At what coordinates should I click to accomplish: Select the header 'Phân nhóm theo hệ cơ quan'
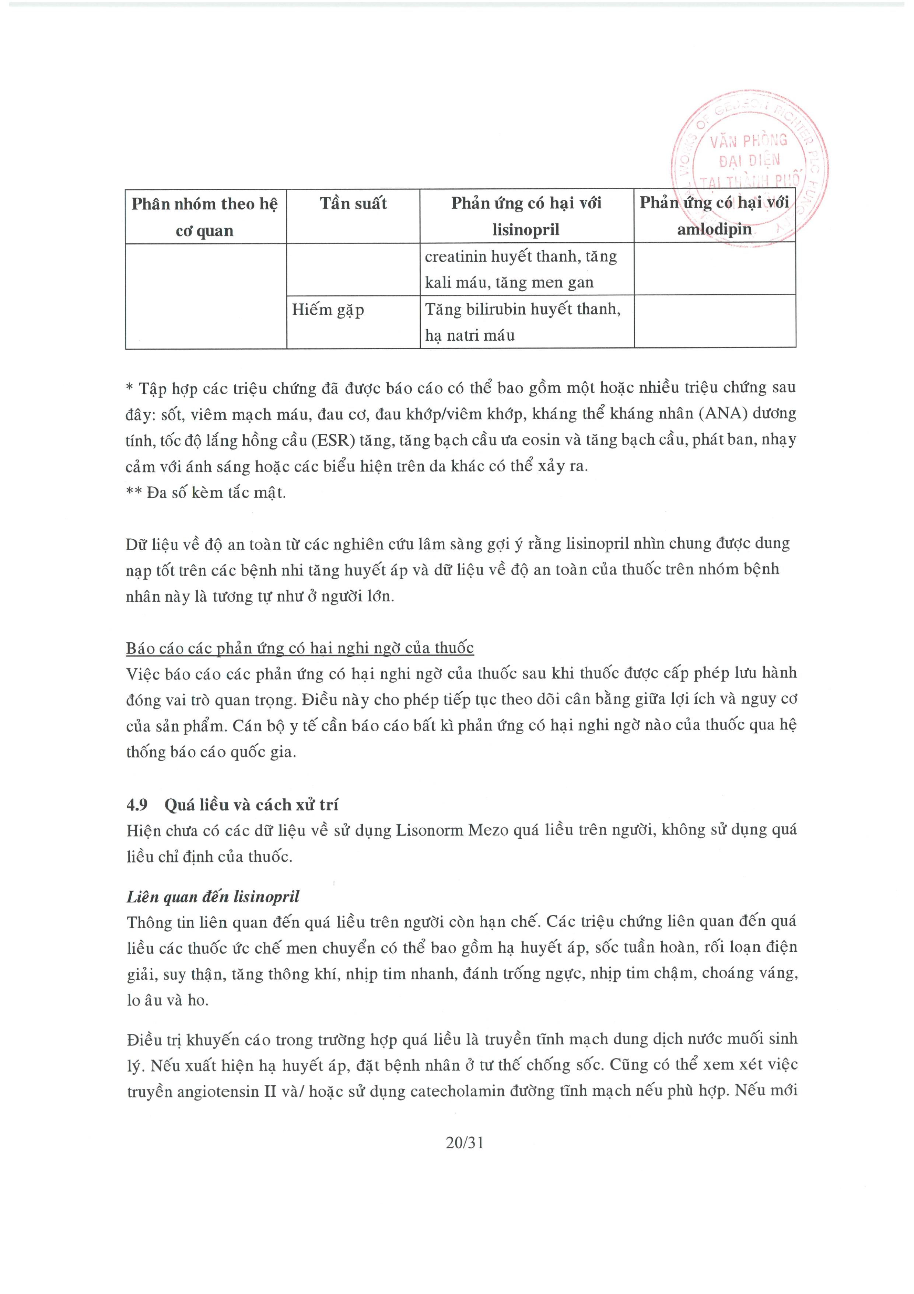204,216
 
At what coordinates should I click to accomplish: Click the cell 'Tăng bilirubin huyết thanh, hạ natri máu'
523,322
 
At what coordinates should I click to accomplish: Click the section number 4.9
137,805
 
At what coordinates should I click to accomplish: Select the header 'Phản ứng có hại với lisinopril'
526,216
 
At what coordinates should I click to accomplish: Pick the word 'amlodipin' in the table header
714,229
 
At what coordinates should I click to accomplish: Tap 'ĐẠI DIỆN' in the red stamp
749,161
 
